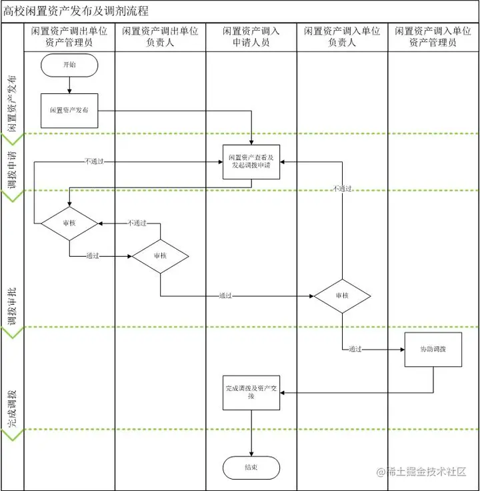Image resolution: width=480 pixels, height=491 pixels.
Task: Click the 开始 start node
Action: [x=69, y=65]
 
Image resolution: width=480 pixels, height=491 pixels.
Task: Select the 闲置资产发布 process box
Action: [x=69, y=110]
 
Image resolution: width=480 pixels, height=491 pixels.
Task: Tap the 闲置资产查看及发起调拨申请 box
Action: [x=251, y=161]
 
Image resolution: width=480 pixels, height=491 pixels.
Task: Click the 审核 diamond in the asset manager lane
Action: [x=69, y=222]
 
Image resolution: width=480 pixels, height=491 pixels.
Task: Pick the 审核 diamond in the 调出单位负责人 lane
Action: [x=160, y=256]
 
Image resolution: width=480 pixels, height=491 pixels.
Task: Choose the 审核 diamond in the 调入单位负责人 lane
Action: [x=342, y=296]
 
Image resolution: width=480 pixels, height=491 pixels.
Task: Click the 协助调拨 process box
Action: [x=433, y=349]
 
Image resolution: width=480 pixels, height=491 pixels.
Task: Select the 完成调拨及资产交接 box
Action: [x=251, y=392]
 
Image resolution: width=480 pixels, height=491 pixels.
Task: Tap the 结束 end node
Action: [x=251, y=468]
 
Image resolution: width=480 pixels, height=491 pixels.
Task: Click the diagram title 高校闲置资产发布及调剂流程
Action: [x=76, y=11]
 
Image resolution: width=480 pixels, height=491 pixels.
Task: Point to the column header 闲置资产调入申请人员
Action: [x=251, y=37]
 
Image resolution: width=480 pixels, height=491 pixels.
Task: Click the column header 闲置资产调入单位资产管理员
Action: [x=433, y=37]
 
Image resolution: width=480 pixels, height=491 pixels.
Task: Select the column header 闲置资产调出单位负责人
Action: [x=160, y=37]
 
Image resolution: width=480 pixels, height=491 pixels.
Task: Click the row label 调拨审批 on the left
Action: [x=12, y=308]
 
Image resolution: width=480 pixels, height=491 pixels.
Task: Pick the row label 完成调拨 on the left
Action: [x=12, y=408]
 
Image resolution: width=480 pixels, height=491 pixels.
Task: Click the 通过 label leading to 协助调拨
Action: [x=355, y=349]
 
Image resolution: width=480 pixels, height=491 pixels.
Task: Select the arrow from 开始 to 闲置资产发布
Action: [x=69, y=85]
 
